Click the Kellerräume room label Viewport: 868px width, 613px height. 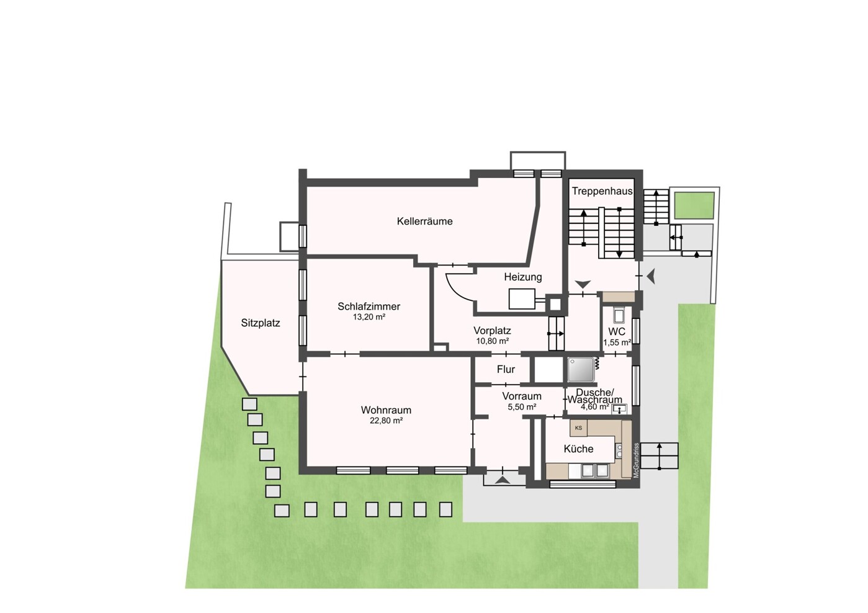coord(425,221)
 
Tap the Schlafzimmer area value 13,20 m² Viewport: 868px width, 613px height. coord(369,317)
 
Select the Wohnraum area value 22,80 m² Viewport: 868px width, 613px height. coord(387,421)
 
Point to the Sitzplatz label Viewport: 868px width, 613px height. coord(261,323)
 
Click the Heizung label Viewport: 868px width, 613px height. coord(523,277)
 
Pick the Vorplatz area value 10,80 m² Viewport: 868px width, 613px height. coord(493,341)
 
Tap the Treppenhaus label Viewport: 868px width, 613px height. coord(602,191)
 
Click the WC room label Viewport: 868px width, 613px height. coord(617,332)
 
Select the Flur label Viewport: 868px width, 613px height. coord(506,369)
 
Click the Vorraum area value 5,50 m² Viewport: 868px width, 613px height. coord(522,407)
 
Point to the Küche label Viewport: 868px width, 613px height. coord(578,449)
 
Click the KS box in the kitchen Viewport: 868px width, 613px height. coord(578,428)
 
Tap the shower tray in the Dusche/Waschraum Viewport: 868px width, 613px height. coord(581,370)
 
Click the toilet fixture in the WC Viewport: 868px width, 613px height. coord(618,315)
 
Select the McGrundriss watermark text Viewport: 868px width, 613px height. coord(636,460)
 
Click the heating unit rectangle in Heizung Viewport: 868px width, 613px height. coord(522,299)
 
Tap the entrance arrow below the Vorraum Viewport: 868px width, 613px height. coord(503,481)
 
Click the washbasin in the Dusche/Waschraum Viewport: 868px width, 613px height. coord(619,408)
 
